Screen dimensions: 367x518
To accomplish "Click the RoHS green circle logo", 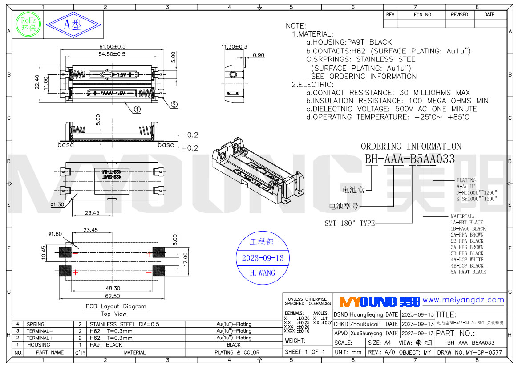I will coord(28,24).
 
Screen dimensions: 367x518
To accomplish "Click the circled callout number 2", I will coord(174,105).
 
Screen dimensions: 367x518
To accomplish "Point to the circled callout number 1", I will coord(138,109).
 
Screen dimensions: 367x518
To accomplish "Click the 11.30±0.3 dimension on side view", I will coord(234,47).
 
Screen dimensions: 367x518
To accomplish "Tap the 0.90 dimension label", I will coord(258,55).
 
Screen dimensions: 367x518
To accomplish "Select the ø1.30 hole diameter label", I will coord(57,204).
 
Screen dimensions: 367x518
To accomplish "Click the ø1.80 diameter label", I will coord(55,234).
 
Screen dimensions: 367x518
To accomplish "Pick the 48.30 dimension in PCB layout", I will coord(112,288).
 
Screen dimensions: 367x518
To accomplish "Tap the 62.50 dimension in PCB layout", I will coord(112,296).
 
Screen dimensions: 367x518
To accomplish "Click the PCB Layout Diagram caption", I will coord(116,306).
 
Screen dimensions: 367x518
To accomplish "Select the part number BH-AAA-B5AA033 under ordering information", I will coord(410,159).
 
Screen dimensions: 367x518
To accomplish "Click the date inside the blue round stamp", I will coord(263,258).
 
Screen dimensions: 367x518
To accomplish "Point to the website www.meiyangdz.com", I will coord(463,300).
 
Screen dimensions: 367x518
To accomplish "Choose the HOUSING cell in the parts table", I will coord(39,345).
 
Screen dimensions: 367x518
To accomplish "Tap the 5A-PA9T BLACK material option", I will coord(468,272).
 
